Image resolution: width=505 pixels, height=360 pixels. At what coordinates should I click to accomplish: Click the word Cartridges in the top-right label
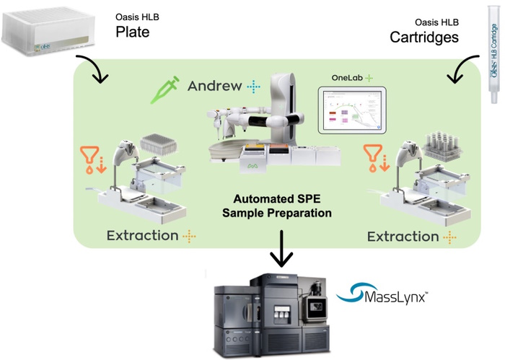click(424, 36)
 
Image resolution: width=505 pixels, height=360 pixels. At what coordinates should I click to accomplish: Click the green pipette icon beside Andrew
click(167, 89)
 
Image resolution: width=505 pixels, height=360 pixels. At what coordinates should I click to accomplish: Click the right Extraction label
click(402, 236)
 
